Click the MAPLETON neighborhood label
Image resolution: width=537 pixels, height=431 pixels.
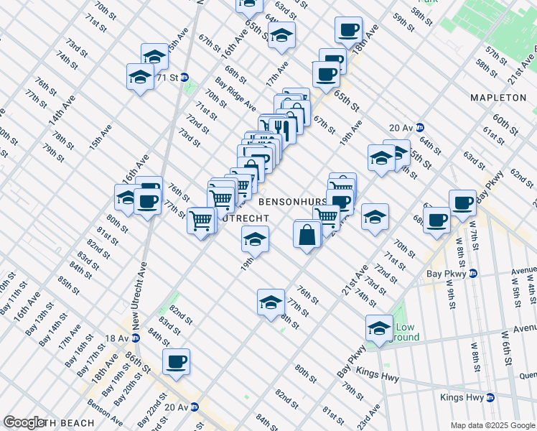click(x=498, y=97)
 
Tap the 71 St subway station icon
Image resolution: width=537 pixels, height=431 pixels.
click(x=185, y=77)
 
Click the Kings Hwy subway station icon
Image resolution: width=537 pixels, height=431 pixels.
click(x=490, y=397)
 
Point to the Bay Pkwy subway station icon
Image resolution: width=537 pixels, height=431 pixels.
click(x=474, y=273)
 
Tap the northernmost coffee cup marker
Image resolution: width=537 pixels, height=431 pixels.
click(x=349, y=30)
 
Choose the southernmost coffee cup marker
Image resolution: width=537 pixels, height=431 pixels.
click(x=176, y=362)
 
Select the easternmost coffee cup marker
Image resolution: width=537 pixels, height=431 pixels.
click(x=462, y=203)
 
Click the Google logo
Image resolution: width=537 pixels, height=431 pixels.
click(x=24, y=422)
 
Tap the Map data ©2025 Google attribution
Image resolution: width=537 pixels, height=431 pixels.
click(x=493, y=425)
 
